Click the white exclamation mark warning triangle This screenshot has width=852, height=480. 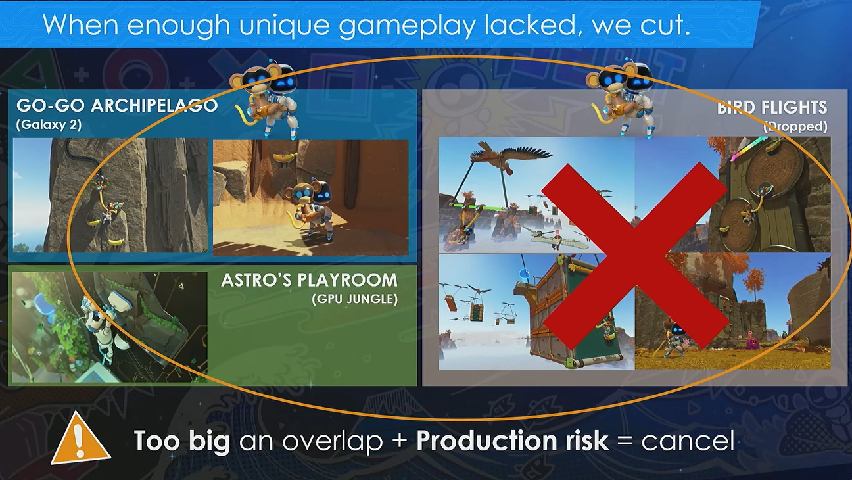[x=80, y=439]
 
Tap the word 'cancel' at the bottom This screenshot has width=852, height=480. [x=687, y=441]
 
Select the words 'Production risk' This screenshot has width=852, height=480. [x=512, y=441]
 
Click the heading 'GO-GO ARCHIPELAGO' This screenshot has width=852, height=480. [x=116, y=105]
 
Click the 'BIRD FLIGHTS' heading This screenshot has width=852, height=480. [x=772, y=107]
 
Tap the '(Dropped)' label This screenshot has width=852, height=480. [x=795, y=126]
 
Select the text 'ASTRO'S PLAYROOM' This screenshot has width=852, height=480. [x=309, y=280]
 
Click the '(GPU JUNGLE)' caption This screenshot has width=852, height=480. [x=354, y=300]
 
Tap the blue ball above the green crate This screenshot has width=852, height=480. [x=524, y=272]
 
